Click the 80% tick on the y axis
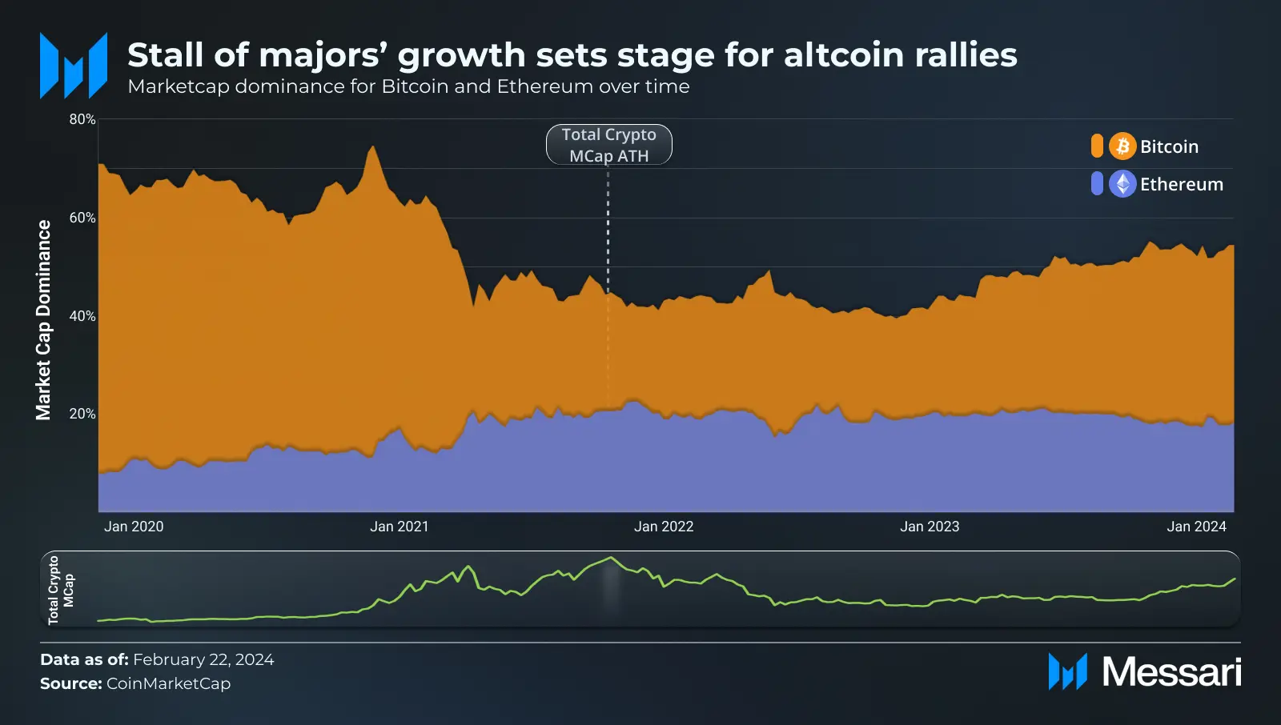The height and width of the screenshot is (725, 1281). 82,119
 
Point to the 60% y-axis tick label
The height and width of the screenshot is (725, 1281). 82,218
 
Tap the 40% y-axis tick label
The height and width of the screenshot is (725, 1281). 82,316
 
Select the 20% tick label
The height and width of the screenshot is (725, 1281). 82,414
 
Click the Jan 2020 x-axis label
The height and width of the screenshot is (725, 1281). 134,527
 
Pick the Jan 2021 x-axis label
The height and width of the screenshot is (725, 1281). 400,527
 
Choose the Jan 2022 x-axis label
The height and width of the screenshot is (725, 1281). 664,527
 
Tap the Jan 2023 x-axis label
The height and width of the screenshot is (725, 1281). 930,527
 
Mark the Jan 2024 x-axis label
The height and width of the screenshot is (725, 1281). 1196,527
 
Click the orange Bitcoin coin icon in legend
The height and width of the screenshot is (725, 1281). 1122,146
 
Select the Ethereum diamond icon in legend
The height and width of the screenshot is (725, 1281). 1122,184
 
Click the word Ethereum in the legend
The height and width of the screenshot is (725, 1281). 1182,185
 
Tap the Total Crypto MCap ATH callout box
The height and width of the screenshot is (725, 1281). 609,145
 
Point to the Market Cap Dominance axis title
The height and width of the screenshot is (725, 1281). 43,320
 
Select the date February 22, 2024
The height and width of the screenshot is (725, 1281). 203,659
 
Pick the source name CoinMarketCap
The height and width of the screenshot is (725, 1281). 168,683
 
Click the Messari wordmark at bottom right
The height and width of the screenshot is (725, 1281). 1171,671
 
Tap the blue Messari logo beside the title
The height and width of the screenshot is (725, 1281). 74,66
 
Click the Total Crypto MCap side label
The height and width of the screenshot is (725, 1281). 60,590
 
